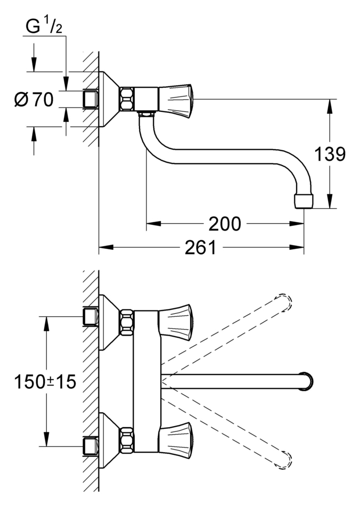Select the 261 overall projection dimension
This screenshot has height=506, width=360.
(201, 247)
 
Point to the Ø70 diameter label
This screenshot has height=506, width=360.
(35, 100)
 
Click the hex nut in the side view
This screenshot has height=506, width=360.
(127, 99)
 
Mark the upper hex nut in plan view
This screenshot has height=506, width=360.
(127, 322)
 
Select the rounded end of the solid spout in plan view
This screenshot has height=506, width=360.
(307, 381)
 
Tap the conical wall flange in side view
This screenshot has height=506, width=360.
(110, 99)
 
